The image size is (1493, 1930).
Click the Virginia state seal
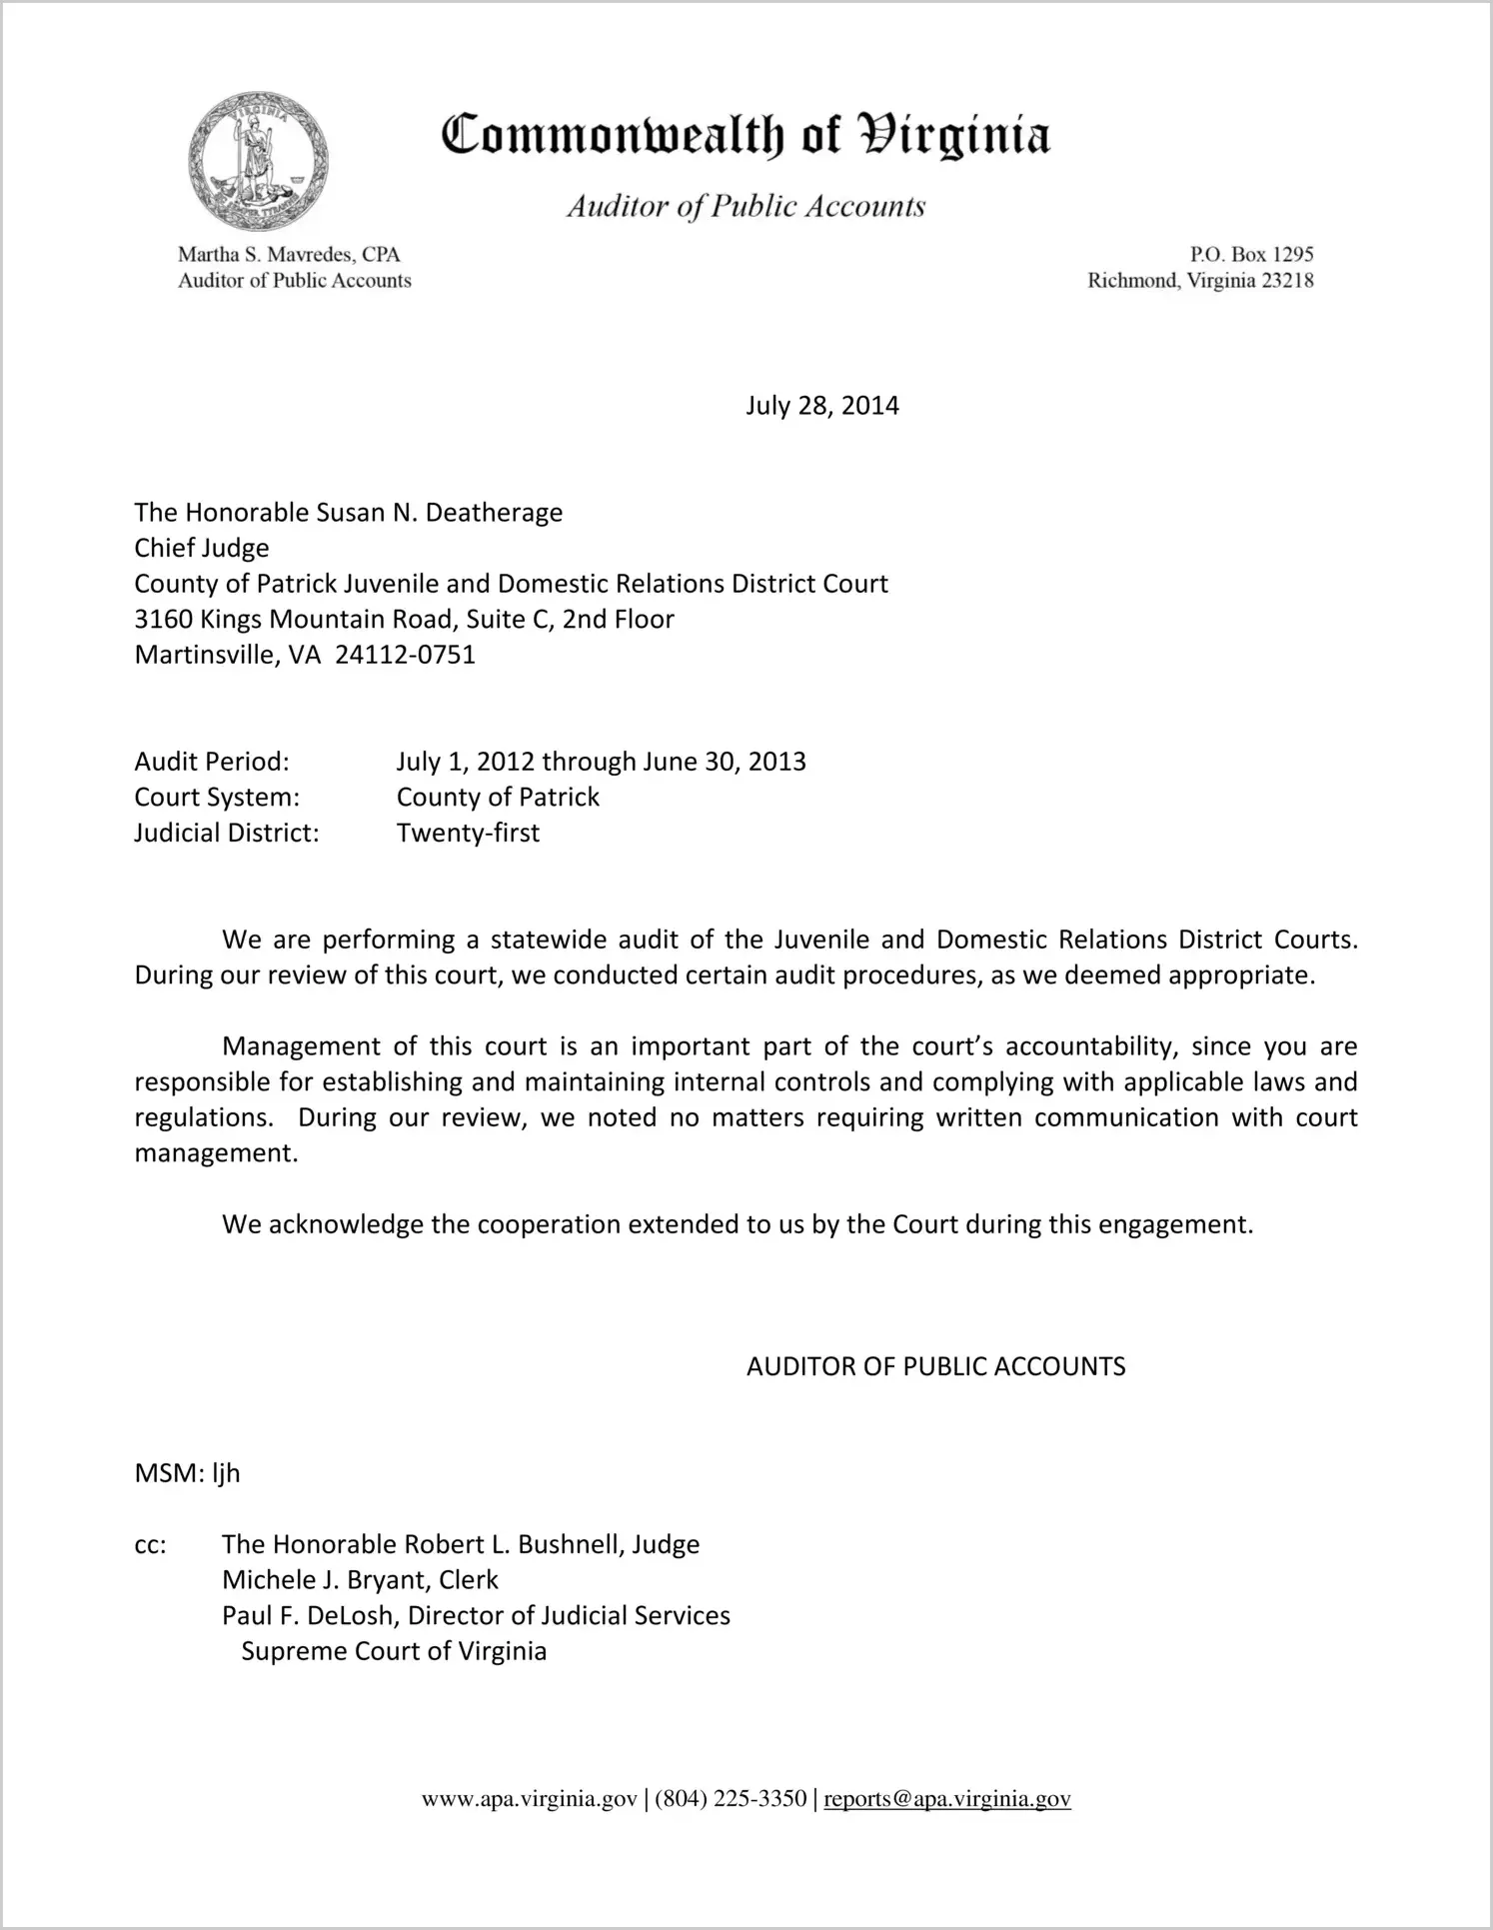[x=258, y=161]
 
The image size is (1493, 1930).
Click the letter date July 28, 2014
[x=821, y=406]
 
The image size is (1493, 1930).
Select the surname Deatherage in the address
[x=494, y=513]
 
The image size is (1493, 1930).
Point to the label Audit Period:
[x=212, y=762]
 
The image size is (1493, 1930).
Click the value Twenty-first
[x=468, y=833]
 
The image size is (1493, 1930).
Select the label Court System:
[x=217, y=798]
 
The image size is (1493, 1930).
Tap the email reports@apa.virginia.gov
[x=946, y=1799]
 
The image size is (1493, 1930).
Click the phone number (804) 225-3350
[x=731, y=1799]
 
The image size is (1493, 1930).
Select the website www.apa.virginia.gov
[x=529, y=1799]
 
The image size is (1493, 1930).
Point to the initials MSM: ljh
[x=188, y=1473]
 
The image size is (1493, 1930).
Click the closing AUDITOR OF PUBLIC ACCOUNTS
[x=935, y=1367]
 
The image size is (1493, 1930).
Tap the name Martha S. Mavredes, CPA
[x=289, y=255]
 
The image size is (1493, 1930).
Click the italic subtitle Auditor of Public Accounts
[x=746, y=207]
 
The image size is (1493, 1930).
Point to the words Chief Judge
[x=202, y=549]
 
